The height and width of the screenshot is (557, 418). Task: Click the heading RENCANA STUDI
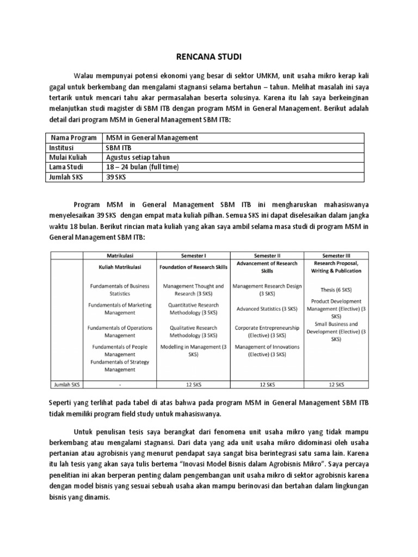(x=208, y=57)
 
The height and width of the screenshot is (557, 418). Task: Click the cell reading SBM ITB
(x=118, y=147)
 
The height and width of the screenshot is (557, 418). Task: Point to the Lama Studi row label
(x=66, y=167)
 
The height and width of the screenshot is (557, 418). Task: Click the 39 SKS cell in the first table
(x=117, y=177)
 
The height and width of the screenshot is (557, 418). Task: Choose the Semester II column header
(x=267, y=255)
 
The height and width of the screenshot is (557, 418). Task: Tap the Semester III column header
(x=336, y=255)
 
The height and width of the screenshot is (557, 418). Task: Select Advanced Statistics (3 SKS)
(x=267, y=308)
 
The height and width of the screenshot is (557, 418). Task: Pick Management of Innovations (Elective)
(x=267, y=350)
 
